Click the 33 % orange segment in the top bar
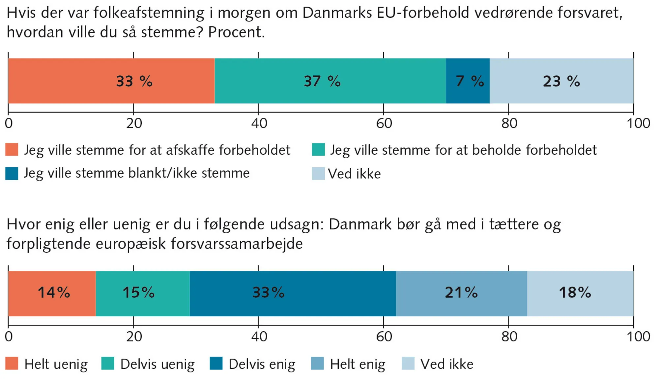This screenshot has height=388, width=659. tap(111, 81)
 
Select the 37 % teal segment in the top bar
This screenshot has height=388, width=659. tap(330, 81)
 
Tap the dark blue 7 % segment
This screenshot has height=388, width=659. tap(468, 81)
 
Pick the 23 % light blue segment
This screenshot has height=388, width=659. tap(561, 81)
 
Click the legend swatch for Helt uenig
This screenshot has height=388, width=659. tap(12, 363)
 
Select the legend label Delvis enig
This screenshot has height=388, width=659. tap(262, 364)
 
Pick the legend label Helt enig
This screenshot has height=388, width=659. tap(358, 364)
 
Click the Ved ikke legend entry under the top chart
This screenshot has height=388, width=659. tap(354, 173)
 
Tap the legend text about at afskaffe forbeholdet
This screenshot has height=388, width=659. tap(157, 150)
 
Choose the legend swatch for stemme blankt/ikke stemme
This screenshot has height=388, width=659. tap(12, 173)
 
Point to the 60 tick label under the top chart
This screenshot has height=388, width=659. tap(384, 123)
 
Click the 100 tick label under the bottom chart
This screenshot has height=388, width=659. tap(638, 336)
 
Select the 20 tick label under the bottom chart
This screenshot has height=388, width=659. tap(134, 336)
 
